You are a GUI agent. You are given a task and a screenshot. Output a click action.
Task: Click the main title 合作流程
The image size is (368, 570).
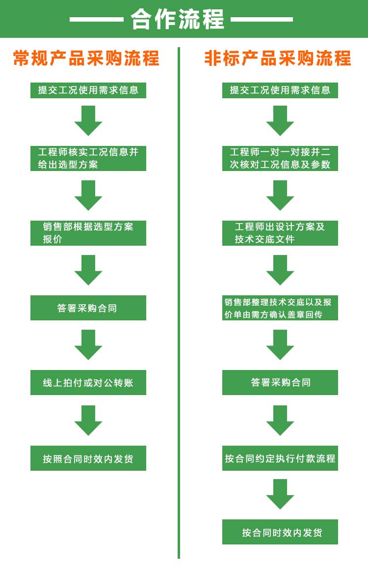[x=177, y=19]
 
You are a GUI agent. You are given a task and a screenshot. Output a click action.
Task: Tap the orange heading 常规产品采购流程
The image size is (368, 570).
[x=86, y=58]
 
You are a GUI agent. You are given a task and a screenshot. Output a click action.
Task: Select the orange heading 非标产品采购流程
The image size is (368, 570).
[x=278, y=58]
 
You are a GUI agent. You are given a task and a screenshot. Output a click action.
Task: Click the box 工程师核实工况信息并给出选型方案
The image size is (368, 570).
[x=88, y=158]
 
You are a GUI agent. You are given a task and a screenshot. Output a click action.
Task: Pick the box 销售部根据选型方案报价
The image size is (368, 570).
[x=88, y=233]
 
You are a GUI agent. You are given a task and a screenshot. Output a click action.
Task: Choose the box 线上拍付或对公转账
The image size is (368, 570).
[x=88, y=383]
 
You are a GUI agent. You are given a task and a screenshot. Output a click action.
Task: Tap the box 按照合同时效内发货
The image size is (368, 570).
[x=88, y=458]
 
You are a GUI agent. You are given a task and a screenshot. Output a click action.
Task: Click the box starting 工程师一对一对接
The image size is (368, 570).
[x=280, y=158]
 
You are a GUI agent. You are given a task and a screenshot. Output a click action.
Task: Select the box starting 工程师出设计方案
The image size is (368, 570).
[x=280, y=233]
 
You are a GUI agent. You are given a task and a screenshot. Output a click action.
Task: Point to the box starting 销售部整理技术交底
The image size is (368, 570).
[x=280, y=308]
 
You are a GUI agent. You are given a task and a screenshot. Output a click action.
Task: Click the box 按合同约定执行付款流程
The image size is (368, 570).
[x=280, y=458]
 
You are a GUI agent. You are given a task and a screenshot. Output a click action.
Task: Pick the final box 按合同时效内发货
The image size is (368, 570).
[x=280, y=532]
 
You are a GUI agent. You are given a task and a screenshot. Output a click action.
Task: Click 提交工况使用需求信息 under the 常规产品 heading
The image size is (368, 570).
[x=88, y=90]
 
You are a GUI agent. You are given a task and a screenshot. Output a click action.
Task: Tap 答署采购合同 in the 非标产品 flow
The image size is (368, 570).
[x=280, y=382]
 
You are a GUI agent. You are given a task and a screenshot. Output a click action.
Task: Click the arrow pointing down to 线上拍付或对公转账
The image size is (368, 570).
[x=88, y=344]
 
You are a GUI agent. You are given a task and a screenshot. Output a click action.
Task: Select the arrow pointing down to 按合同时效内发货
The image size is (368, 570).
[x=280, y=494]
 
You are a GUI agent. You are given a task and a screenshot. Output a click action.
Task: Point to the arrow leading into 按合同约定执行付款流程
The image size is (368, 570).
[x=280, y=420]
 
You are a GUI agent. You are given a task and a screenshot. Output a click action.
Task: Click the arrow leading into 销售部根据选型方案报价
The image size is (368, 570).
[x=88, y=195]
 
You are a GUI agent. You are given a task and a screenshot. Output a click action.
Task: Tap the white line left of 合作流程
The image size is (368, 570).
[x=96, y=20]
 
